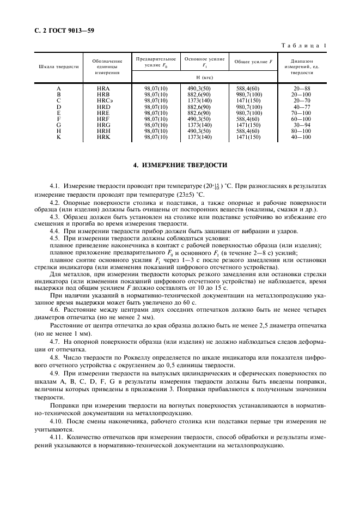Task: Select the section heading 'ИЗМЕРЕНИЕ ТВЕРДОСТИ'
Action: pos(180,165)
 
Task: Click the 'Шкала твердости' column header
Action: pos(58,66)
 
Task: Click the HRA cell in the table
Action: pos(103,88)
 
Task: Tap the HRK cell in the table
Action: pos(103,137)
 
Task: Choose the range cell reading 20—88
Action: pos(301,88)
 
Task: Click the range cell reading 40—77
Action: pos(301,107)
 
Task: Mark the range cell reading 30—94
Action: pos(301,125)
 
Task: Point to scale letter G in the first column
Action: pos(58,125)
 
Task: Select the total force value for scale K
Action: pos(248,137)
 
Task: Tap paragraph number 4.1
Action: pos(54,186)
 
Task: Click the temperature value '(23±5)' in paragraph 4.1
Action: pos(168,195)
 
